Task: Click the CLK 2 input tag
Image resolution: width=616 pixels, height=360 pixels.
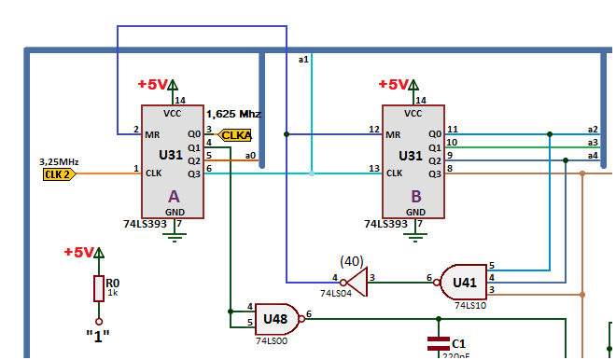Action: coord(60,174)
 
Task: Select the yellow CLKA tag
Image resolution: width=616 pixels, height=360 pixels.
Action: coord(235,135)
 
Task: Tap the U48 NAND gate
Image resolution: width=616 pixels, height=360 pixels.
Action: coord(278,319)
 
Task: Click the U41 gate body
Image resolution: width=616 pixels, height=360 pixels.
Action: coord(463,283)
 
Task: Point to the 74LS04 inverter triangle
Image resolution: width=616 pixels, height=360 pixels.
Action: coord(357,283)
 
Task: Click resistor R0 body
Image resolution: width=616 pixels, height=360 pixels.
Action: coord(99,288)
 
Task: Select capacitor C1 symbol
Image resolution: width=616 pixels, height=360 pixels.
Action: coord(439,343)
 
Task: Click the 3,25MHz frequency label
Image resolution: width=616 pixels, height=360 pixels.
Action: coord(59,161)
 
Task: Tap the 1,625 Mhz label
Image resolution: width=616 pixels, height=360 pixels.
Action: coord(233,114)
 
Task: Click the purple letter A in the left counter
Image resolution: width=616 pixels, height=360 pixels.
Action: coord(174,197)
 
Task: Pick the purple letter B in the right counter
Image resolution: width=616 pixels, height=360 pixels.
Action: coord(416,197)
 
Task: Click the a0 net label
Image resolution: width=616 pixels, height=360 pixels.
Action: coord(250,156)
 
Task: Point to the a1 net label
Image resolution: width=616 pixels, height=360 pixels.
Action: coord(303,60)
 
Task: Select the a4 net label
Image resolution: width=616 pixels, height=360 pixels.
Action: coord(593,156)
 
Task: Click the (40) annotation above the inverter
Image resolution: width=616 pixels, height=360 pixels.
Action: coord(352,261)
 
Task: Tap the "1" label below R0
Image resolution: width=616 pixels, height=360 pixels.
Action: coord(98,336)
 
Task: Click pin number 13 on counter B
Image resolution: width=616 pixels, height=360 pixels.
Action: coord(374,169)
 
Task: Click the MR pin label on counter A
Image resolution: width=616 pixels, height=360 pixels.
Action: coord(152,135)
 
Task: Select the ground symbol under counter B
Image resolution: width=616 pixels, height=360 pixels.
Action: coord(415,237)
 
